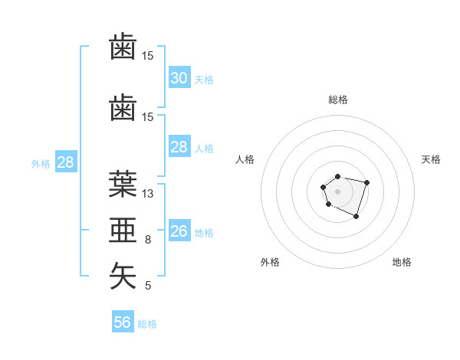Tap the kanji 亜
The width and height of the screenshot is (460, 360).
[123, 230]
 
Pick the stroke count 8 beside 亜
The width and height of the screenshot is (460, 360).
[148, 240]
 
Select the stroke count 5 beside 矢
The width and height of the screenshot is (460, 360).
[148, 286]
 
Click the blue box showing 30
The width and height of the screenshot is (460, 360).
[179, 78]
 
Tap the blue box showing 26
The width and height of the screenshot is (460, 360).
[179, 231]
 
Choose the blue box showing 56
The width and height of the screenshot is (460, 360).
[122, 322]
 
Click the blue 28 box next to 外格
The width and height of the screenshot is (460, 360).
[65, 162]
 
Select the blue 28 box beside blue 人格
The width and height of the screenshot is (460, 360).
[179, 147]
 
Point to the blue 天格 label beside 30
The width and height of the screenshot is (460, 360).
[203, 79]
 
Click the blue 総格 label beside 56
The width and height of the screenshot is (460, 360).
[147, 324]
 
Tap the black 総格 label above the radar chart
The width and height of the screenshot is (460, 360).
[337, 100]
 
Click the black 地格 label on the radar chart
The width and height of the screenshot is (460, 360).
[402, 262]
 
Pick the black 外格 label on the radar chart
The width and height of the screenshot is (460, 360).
[270, 262]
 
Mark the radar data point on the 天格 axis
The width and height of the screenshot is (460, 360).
[367, 182]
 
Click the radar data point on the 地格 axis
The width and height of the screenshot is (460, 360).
[356, 217]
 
